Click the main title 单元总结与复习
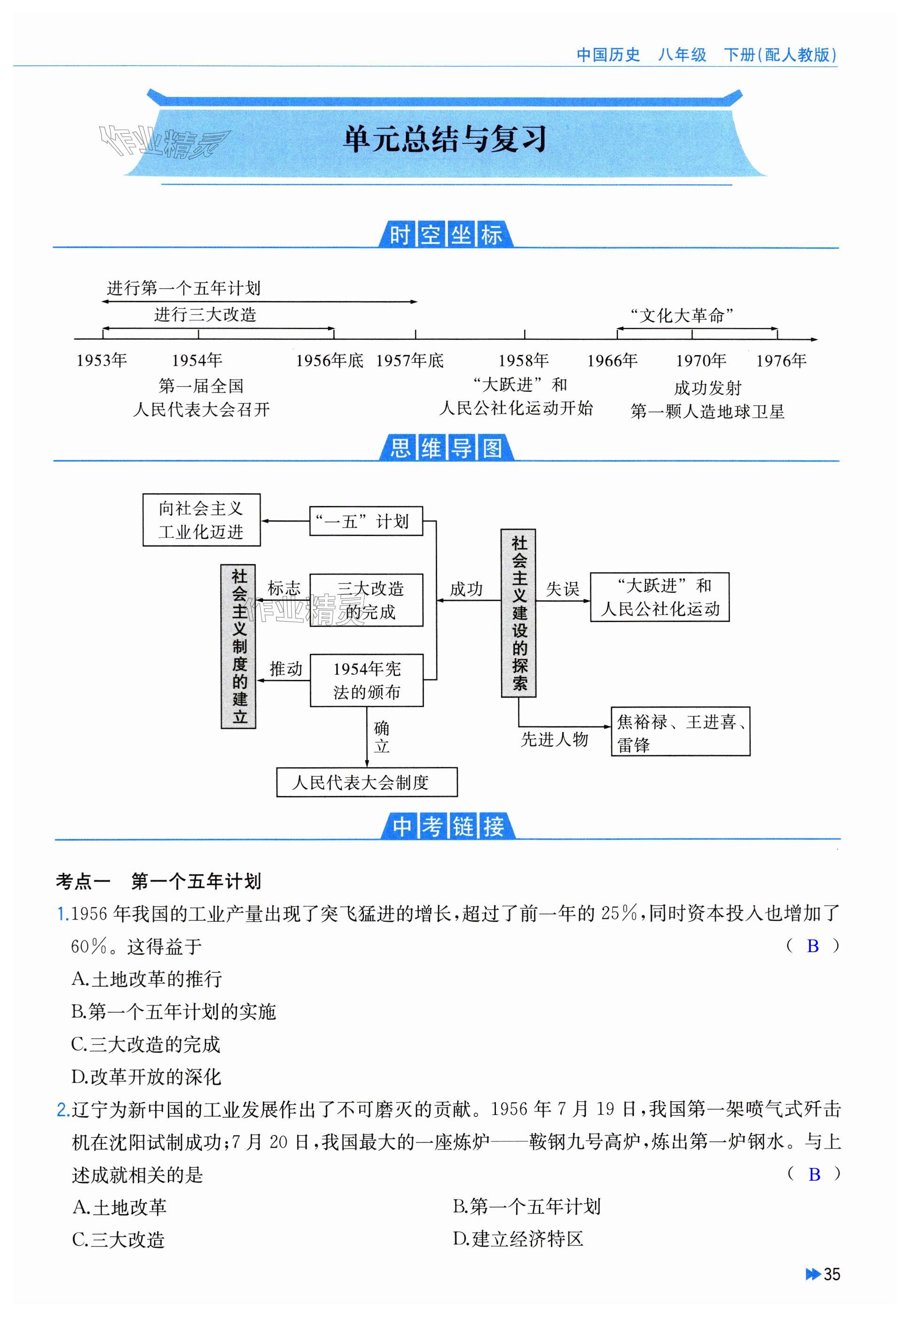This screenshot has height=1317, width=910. click(445, 139)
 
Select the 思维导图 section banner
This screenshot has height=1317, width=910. click(447, 448)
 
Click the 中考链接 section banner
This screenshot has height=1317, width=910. click(448, 826)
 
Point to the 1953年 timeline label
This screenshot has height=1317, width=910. click(102, 361)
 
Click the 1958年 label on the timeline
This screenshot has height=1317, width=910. click(524, 361)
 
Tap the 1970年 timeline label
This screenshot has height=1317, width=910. click(701, 361)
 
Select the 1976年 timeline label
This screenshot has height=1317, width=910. click(781, 361)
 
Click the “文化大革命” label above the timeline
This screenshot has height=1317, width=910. click(682, 315)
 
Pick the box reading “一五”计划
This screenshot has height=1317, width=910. click(366, 521)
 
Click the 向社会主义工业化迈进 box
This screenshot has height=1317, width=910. click(201, 520)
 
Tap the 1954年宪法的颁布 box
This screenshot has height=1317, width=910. click(367, 680)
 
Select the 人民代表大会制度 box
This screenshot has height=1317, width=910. click(367, 782)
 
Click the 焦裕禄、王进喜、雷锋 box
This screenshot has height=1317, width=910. click(680, 732)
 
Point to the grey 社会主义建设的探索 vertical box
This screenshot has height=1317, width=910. click(518, 613)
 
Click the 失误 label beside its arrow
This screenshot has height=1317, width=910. click(562, 589)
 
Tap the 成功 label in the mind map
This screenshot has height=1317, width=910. click(466, 589)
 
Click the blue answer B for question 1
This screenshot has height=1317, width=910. click(813, 946)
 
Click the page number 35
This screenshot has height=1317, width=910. click(832, 1274)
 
